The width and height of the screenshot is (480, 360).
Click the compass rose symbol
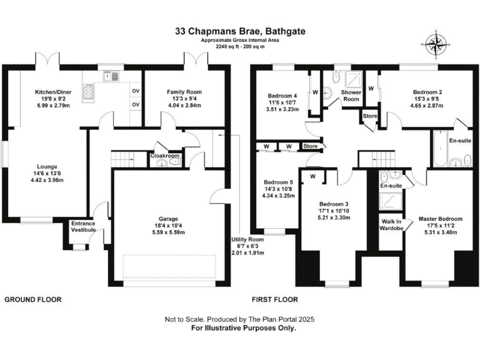point(433,43)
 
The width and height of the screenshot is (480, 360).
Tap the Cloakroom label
point(165,156)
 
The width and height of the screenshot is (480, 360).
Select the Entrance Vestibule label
point(83,226)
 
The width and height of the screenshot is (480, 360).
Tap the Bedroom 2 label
point(426,91)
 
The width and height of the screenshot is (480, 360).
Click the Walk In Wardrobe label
point(392,223)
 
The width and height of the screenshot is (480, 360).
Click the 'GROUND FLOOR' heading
point(34,299)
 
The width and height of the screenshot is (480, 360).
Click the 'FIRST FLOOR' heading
point(275,299)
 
